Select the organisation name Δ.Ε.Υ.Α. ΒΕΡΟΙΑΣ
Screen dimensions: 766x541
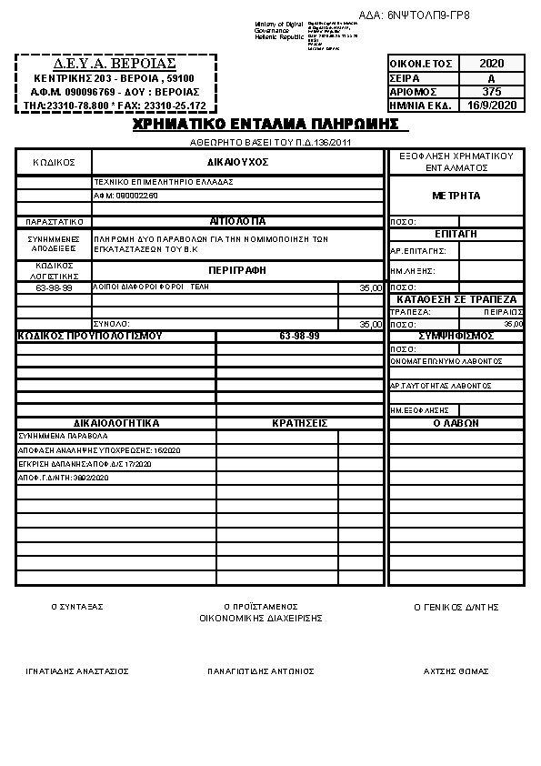pyautogui.click(x=115, y=65)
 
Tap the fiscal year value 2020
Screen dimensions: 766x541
pyautogui.click(x=491, y=64)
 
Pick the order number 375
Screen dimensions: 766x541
pyautogui.click(x=491, y=92)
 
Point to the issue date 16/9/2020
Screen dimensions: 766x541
pyautogui.click(x=491, y=106)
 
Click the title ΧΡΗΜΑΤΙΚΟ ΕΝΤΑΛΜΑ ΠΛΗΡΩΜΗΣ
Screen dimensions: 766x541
pyautogui.click(x=265, y=124)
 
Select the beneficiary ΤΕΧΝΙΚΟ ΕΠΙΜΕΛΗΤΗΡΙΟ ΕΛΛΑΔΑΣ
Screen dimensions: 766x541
pyautogui.click(x=164, y=182)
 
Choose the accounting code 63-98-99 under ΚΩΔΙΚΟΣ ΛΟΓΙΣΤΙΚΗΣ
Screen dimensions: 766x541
pyautogui.click(x=54, y=287)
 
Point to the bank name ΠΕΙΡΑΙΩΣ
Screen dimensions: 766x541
pyautogui.click(x=501, y=311)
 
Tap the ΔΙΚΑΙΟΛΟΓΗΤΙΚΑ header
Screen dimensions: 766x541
pyautogui.click(x=116, y=423)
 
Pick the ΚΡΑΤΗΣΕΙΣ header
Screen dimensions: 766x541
pyautogui.click(x=299, y=423)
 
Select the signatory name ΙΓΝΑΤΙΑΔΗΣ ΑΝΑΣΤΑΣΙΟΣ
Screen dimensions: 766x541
pyautogui.click(x=77, y=671)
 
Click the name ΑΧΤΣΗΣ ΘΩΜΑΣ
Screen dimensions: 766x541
pyautogui.click(x=456, y=671)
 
